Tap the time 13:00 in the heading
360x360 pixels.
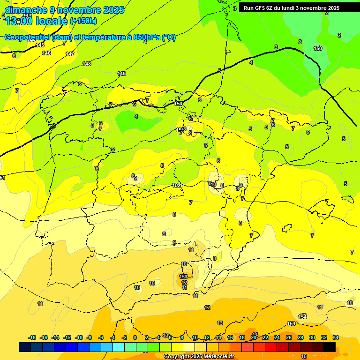18,21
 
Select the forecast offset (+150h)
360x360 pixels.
83,21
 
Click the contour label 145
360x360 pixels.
40,45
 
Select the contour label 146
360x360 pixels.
46,53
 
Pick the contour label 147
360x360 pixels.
70,54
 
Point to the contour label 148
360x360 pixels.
87,64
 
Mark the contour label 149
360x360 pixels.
121,74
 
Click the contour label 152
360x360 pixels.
176,185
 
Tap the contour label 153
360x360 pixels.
183,277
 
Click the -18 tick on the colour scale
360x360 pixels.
32,337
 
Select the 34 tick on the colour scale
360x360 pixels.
336,337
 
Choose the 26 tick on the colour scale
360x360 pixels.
288,337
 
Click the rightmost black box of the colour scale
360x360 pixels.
330,347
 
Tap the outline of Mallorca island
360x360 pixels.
322,209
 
